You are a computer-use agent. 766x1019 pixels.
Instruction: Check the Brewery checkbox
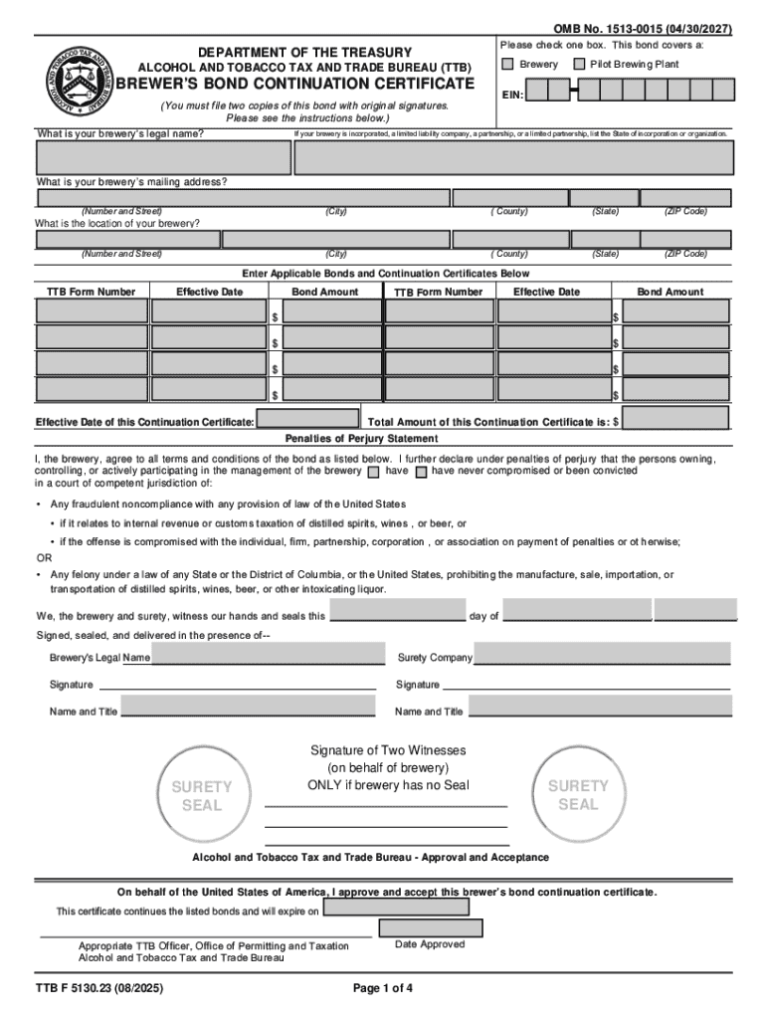point(507,65)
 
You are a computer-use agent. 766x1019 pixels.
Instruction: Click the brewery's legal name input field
point(162,158)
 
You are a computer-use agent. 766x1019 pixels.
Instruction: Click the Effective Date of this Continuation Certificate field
point(308,419)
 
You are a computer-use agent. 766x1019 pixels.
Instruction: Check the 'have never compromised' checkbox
point(421,472)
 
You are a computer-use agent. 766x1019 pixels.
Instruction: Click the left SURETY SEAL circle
point(202,794)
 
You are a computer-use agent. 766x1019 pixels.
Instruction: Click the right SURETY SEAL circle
point(578,793)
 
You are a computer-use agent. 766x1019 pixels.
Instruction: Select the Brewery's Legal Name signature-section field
point(267,654)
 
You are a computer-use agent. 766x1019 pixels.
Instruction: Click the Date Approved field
point(431,927)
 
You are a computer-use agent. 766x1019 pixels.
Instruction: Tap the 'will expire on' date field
point(396,908)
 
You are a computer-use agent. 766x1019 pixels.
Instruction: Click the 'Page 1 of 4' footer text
point(383,989)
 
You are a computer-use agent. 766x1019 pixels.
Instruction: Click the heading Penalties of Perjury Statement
point(361,439)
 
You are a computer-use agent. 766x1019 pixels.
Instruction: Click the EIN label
point(511,94)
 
